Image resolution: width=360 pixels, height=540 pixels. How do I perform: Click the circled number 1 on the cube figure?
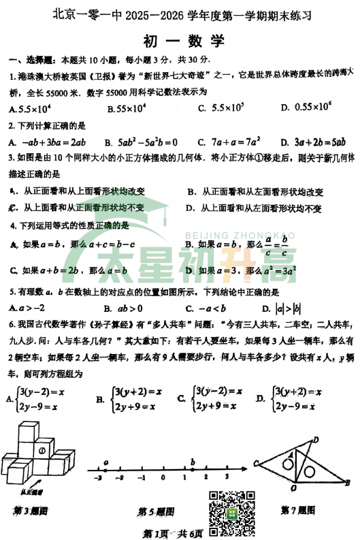click(42, 450)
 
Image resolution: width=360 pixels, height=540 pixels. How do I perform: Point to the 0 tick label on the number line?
click(161, 478)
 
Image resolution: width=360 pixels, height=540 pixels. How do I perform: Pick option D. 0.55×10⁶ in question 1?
click(305, 108)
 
